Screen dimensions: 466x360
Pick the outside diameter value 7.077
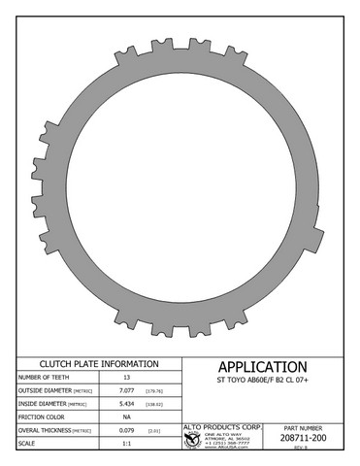(x=126, y=391)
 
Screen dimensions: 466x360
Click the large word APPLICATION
(x=262, y=367)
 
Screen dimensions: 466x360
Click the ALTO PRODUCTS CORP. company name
(x=223, y=426)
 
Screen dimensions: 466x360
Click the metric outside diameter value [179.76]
(x=154, y=391)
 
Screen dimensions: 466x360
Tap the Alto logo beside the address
(x=192, y=440)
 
